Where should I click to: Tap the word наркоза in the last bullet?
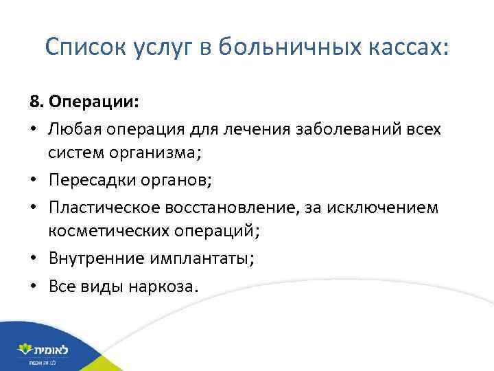coord(163,285)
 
